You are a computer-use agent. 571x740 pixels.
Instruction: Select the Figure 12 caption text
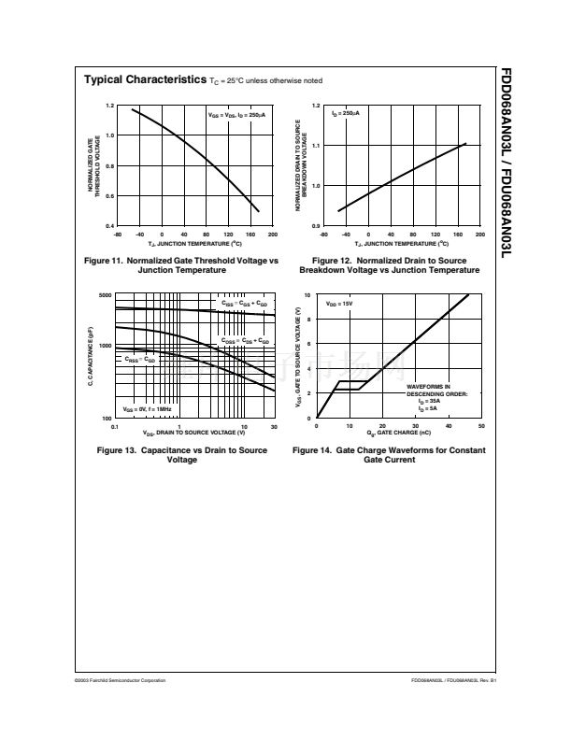tap(389, 264)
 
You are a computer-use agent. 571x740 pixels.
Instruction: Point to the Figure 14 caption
tap(389, 454)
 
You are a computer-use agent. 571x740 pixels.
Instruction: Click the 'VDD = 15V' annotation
tap(338, 305)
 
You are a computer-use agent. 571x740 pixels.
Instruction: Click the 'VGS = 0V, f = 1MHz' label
tap(147, 409)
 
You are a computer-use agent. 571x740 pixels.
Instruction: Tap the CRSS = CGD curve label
tap(140, 359)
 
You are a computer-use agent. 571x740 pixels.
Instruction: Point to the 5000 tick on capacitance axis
tap(105, 295)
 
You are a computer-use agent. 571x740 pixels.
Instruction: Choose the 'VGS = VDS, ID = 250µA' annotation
tap(236, 114)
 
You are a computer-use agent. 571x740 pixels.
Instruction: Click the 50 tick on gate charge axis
tap(481, 425)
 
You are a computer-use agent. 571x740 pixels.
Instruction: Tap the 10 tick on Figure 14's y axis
tap(309, 295)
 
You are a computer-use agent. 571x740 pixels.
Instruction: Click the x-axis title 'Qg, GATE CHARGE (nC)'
tap(399, 434)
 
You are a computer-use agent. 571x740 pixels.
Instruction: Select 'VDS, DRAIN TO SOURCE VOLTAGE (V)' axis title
tap(193, 434)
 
